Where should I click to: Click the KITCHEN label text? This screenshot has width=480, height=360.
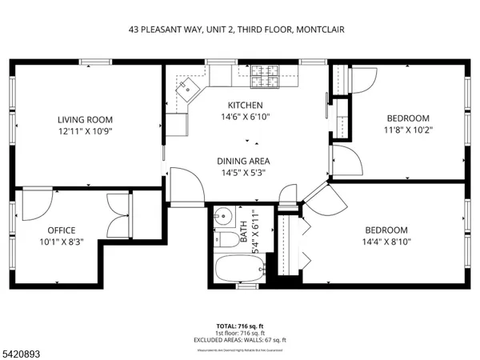coord(245,106)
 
